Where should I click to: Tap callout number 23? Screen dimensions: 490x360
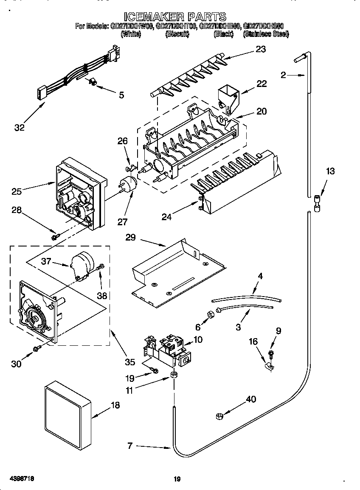pyautogui.click(x=260, y=49)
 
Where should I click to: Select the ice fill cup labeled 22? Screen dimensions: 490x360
pyautogui.click(x=228, y=97)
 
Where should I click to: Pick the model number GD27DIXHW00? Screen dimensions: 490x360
pyautogui.click(x=131, y=26)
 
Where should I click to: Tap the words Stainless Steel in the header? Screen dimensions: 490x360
pyautogui.click(x=265, y=34)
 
